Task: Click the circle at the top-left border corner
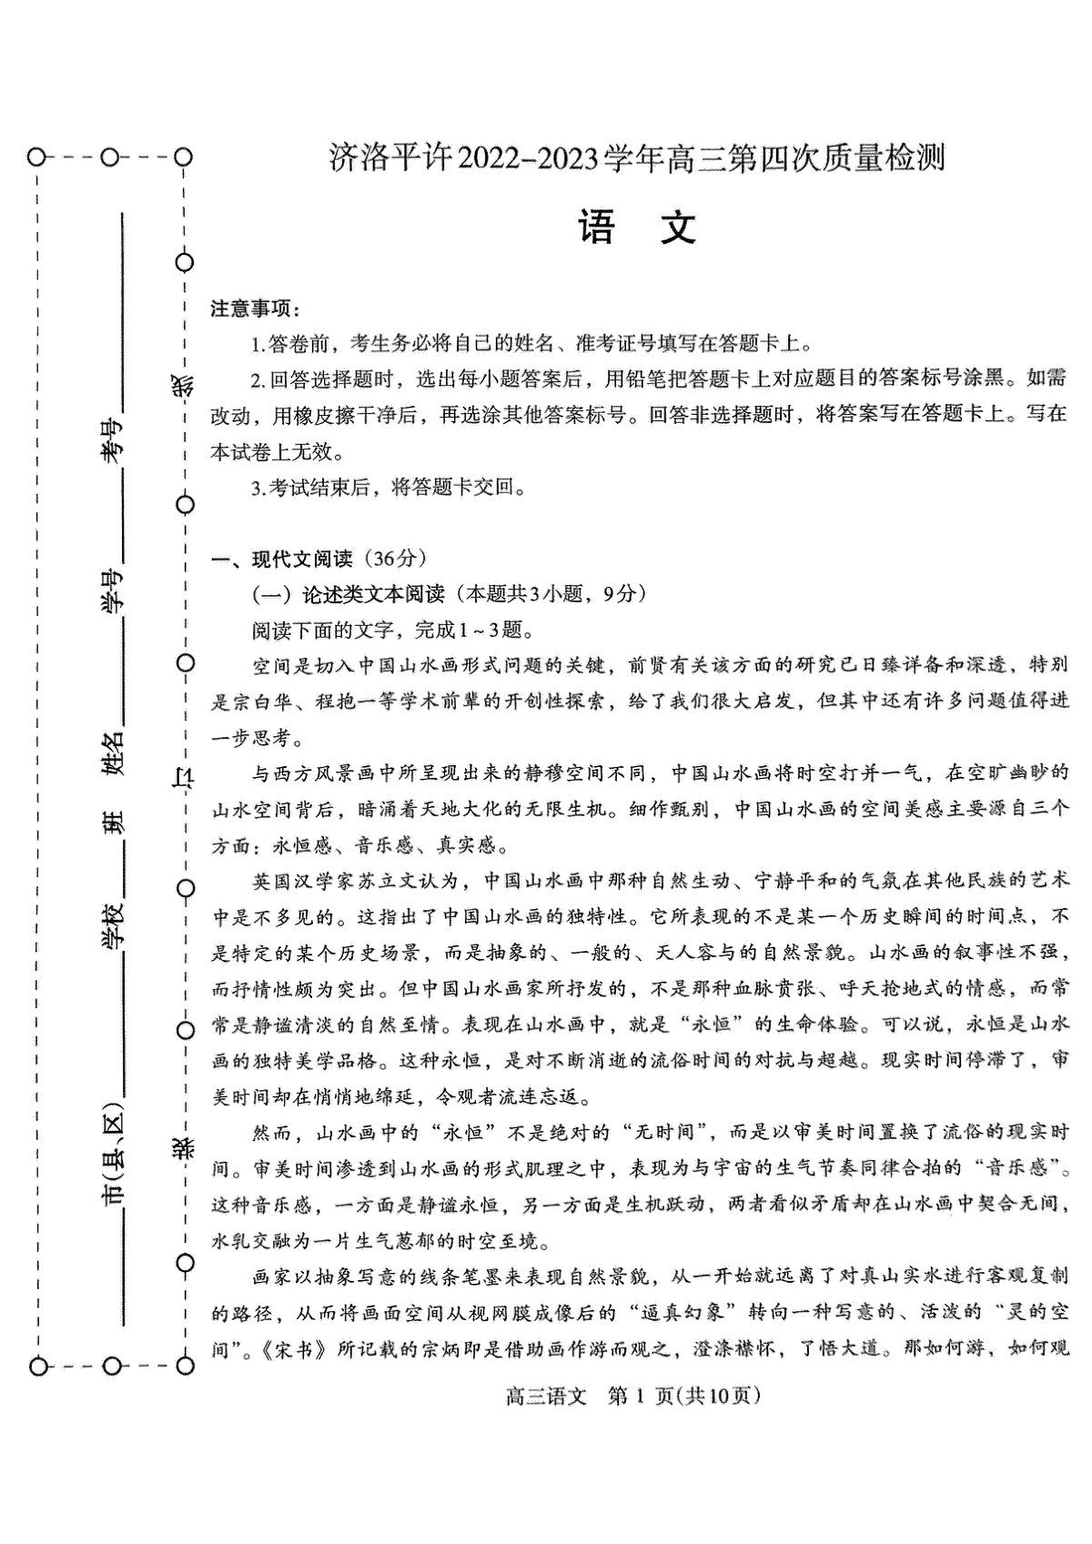tap(35, 157)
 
